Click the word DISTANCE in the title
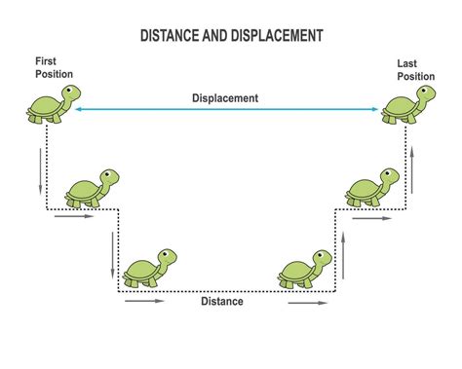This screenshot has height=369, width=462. click(x=168, y=37)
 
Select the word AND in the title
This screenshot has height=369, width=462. click(x=215, y=37)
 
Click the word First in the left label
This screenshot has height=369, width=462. click(x=46, y=61)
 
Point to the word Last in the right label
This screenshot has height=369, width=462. click(x=407, y=64)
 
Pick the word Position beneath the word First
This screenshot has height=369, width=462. click(x=53, y=73)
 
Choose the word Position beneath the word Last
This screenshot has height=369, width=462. click(x=414, y=77)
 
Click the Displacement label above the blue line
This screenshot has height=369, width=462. click(x=225, y=97)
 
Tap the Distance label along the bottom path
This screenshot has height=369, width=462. click(x=222, y=301)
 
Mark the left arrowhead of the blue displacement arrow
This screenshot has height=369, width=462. click(x=77, y=110)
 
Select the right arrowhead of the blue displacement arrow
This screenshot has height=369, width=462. click(x=377, y=110)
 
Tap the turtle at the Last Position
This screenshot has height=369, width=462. click(x=404, y=103)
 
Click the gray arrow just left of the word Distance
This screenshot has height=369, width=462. click(x=144, y=301)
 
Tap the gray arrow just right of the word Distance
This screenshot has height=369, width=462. click(x=307, y=303)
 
